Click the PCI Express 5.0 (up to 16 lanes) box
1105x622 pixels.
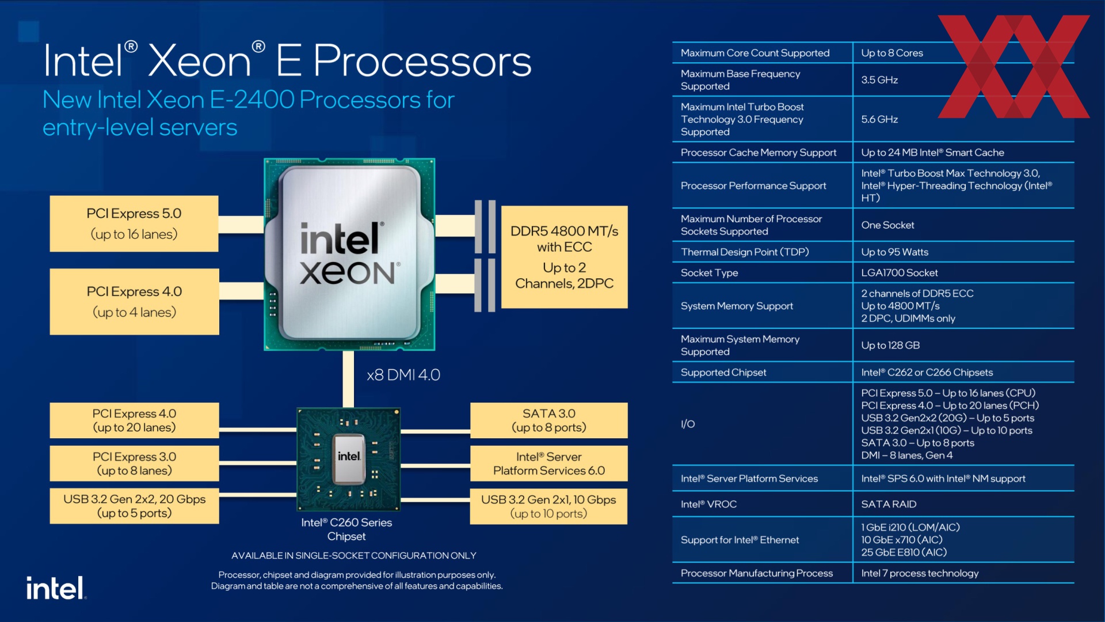pos(134,223)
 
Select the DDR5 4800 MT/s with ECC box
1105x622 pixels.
pos(564,257)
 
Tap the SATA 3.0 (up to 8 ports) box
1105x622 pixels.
pos(548,420)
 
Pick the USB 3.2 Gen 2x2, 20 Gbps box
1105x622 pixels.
pos(134,506)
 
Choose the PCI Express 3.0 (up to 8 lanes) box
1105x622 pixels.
pos(134,463)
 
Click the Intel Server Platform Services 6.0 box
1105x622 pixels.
pos(548,463)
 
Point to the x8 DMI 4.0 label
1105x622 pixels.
pos(403,375)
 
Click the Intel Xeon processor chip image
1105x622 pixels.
pos(349,254)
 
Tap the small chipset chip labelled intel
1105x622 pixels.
pos(349,459)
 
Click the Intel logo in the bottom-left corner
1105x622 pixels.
pos(56,588)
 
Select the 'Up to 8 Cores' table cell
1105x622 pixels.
pos(891,53)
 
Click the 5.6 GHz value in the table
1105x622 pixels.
pos(879,119)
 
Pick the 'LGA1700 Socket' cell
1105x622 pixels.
pos(899,273)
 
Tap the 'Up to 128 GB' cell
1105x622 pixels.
pos(890,346)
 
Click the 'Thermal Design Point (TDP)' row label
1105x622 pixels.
pos(745,252)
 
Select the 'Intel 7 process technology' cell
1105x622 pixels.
pos(920,573)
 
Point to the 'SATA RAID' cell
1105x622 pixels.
pos(889,504)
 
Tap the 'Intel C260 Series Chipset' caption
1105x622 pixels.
pos(346,529)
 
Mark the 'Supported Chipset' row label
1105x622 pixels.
pos(723,373)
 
